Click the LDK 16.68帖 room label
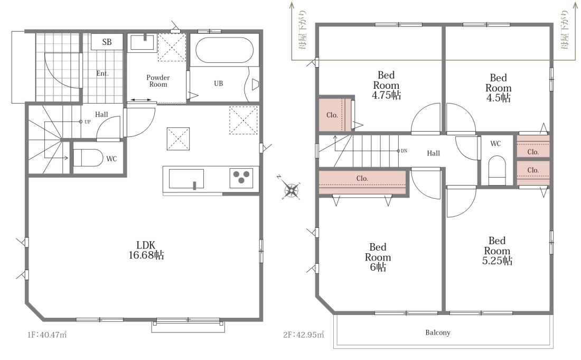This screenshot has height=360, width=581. pyautogui.click(x=146, y=250)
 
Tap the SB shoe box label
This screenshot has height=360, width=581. pyautogui.click(x=107, y=42)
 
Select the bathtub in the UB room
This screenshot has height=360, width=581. pyautogui.click(x=224, y=50)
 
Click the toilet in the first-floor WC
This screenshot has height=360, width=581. pyautogui.click(x=88, y=158)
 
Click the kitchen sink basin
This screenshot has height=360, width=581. pyautogui.click(x=186, y=179)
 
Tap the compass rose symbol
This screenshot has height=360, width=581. pyautogui.click(x=291, y=190)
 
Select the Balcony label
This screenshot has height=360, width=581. pyautogui.click(x=438, y=333)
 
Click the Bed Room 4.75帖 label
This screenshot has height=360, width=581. pyautogui.click(x=386, y=85)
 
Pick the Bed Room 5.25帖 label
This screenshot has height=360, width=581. pyautogui.click(x=497, y=251)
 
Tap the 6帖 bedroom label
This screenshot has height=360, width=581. pyautogui.click(x=378, y=257)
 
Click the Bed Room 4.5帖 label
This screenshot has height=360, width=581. pyautogui.click(x=499, y=88)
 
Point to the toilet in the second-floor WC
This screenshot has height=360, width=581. pyautogui.click(x=497, y=170)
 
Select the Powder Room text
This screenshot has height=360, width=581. pyautogui.click(x=158, y=81)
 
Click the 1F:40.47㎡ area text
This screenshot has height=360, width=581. pyautogui.click(x=47, y=335)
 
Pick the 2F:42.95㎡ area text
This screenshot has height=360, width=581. pyautogui.click(x=304, y=335)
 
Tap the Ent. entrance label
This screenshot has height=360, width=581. pyautogui.click(x=102, y=73)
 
